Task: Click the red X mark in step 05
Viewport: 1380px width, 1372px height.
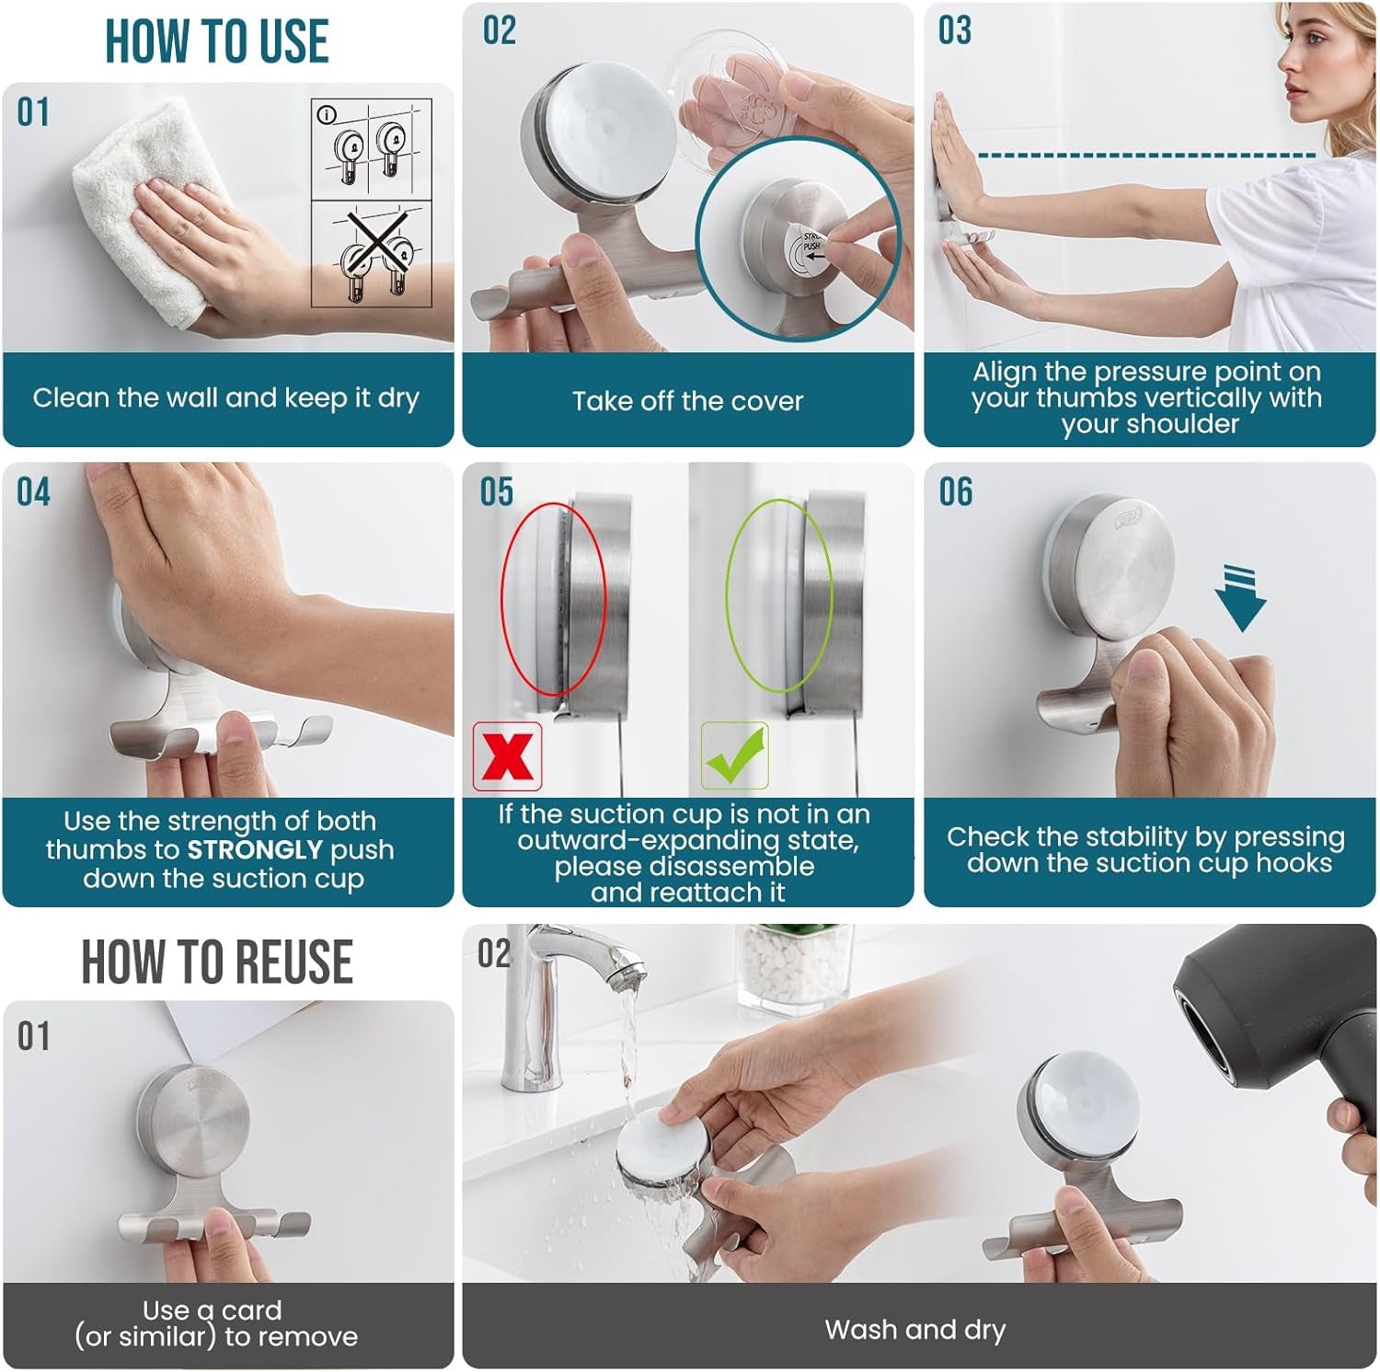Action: pyautogui.click(x=507, y=756)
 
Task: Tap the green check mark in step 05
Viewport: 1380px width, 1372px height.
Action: pyautogui.click(x=734, y=755)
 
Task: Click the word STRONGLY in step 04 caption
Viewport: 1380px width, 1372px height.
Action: pyautogui.click(x=255, y=849)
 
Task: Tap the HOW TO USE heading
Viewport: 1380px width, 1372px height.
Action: pyautogui.click(x=217, y=41)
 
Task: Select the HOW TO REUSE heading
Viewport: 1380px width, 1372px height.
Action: pyautogui.click(x=217, y=962)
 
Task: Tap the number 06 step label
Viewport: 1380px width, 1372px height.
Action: pyautogui.click(x=955, y=492)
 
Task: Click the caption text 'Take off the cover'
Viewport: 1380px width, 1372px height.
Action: pyautogui.click(x=687, y=401)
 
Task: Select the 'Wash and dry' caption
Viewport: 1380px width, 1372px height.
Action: pyautogui.click(x=915, y=1330)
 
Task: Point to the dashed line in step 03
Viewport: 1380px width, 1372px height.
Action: pyautogui.click(x=1145, y=156)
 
